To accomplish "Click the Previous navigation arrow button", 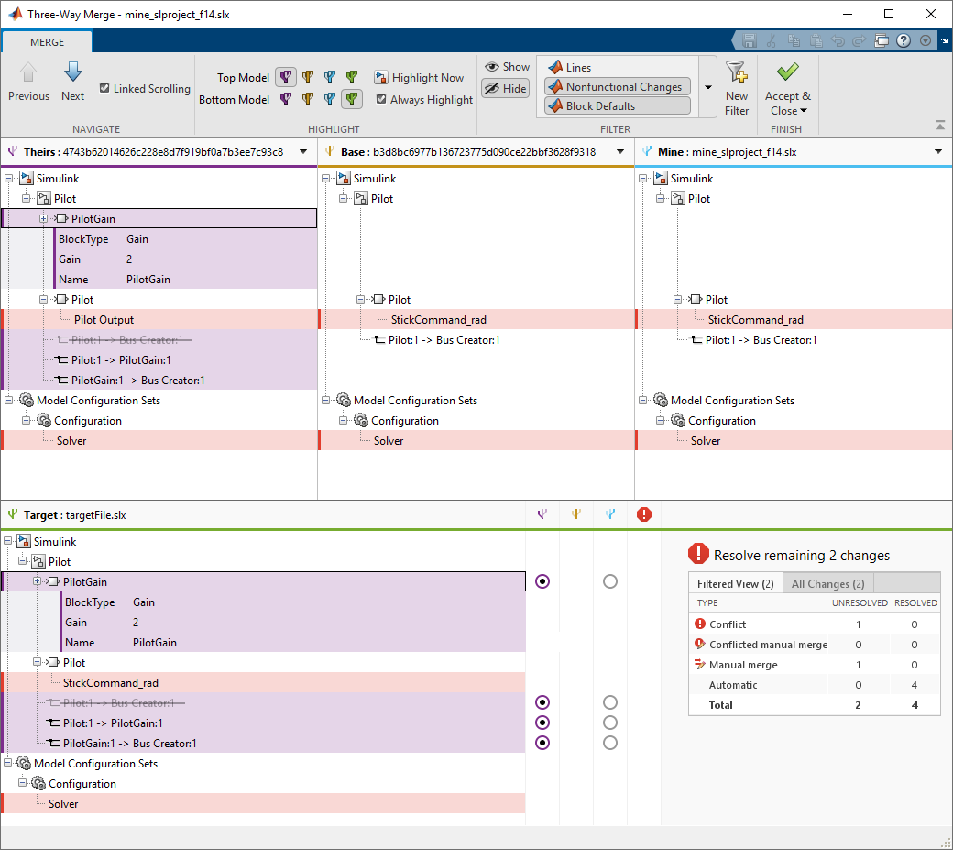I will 28,81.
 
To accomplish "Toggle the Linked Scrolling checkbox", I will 104,89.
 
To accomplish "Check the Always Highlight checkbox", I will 381,100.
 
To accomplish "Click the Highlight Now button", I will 419,78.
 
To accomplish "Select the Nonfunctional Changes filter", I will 617,87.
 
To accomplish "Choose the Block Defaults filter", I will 617,106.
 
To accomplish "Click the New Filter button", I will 737,88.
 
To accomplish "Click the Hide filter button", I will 506,89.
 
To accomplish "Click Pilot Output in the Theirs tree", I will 104,320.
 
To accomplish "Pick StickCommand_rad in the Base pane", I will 438,320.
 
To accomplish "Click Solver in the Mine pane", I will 705,441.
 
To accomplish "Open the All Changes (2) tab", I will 827,584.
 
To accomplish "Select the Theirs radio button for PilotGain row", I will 542,581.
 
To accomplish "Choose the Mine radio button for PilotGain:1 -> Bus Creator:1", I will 610,743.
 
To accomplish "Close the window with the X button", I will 931,15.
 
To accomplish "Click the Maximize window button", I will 889,15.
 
